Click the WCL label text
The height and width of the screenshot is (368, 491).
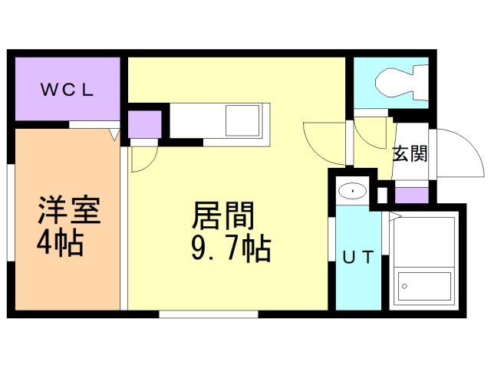[67, 89]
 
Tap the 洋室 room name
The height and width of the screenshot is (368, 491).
[70, 210]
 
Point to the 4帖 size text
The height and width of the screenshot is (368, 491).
[60, 244]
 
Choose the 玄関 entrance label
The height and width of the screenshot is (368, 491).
[410, 153]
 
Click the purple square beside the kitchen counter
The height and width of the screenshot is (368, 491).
[144, 124]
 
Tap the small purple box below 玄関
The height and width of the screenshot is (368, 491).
[410, 194]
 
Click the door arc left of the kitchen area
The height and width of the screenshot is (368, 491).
[143, 158]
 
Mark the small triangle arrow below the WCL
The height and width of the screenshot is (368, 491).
[116, 136]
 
